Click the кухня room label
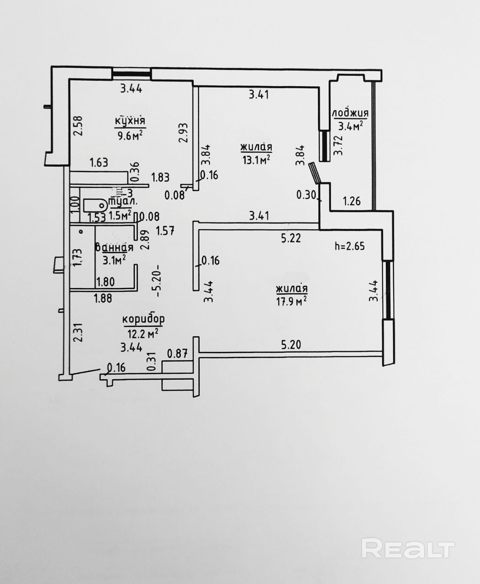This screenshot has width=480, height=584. pos(130,121)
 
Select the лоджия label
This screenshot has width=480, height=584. pos(350,113)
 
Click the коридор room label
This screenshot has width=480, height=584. pos(143,319)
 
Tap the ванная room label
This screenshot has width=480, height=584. pos(114,248)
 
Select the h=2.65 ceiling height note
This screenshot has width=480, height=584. pos(350,246)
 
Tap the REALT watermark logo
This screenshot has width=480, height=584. pos(408,548)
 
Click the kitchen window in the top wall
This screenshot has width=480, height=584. pos(132,73)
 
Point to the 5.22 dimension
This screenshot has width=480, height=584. pos(291,238)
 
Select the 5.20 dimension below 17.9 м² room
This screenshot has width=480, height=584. pos(291,345)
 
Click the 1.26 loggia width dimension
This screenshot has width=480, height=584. pos(352,201)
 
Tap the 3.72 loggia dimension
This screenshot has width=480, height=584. pos(338,146)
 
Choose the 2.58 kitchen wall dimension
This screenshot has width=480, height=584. pos(78,125)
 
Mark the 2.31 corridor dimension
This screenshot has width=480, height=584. pos(78,333)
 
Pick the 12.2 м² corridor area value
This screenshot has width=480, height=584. pos(143,333)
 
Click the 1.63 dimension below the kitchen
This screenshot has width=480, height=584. pos(99,162)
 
